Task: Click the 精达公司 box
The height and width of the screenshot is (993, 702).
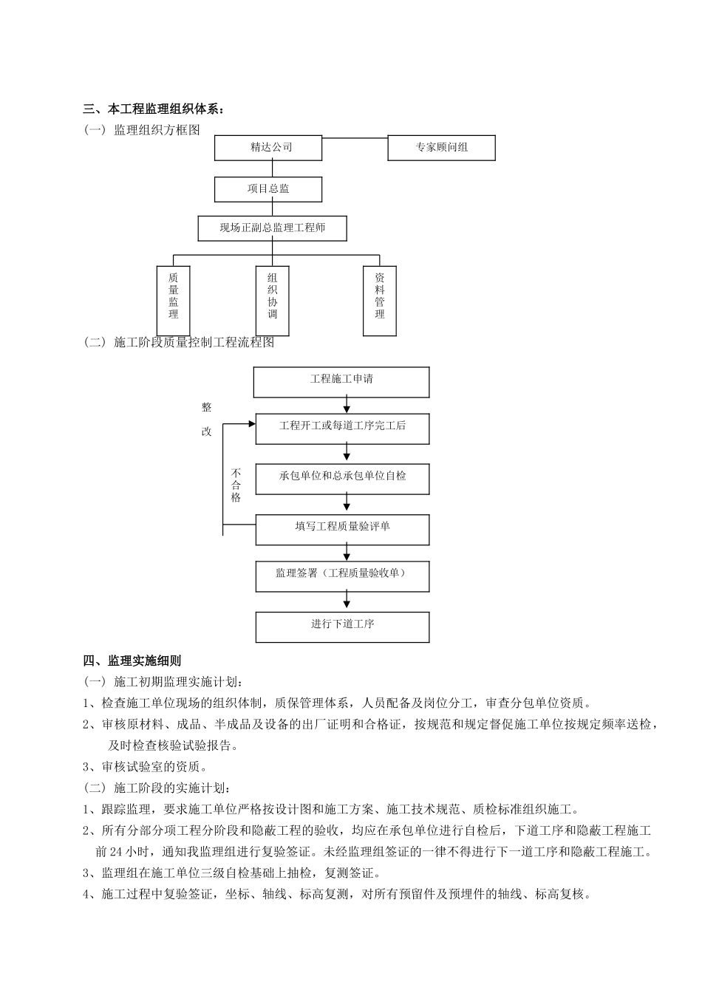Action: pos(268,148)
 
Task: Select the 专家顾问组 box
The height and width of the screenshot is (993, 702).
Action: pos(441,148)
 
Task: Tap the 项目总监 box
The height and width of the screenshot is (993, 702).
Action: pos(268,189)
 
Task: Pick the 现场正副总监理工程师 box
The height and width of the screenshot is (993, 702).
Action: pos(272,228)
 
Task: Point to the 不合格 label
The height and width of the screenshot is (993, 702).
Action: pos(236,485)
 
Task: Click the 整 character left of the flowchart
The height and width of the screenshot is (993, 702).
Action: pos(206,407)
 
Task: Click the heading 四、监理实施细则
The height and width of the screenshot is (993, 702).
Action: pos(132,661)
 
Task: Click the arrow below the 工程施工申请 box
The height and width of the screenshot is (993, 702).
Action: pos(347,406)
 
